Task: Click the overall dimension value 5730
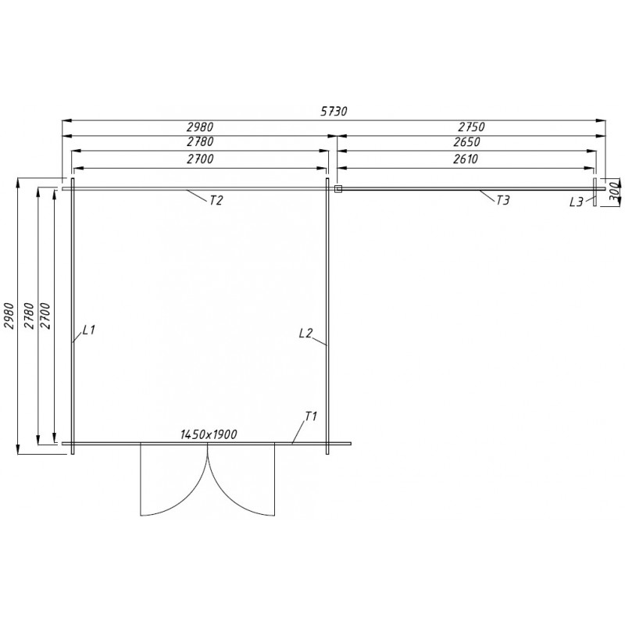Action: [x=334, y=112]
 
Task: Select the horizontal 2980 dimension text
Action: [x=199, y=127]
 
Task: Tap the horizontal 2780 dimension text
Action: [x=199, y=142]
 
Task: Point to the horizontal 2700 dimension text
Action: [x=199, y=159]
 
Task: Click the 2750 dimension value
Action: [x=471, y=127]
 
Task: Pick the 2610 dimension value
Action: [x=465, y=159]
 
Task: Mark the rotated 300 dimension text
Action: [x=614, y=190]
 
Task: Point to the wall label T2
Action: [x=216, y=201]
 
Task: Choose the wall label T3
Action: [x=502, y=201]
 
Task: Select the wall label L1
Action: [x=87, y=330]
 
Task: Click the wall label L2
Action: [x=305, y=334]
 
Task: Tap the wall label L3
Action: [x=577, y=202]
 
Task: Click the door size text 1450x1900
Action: [x=209, y=434]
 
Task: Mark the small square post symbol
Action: [x=337, y=188]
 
